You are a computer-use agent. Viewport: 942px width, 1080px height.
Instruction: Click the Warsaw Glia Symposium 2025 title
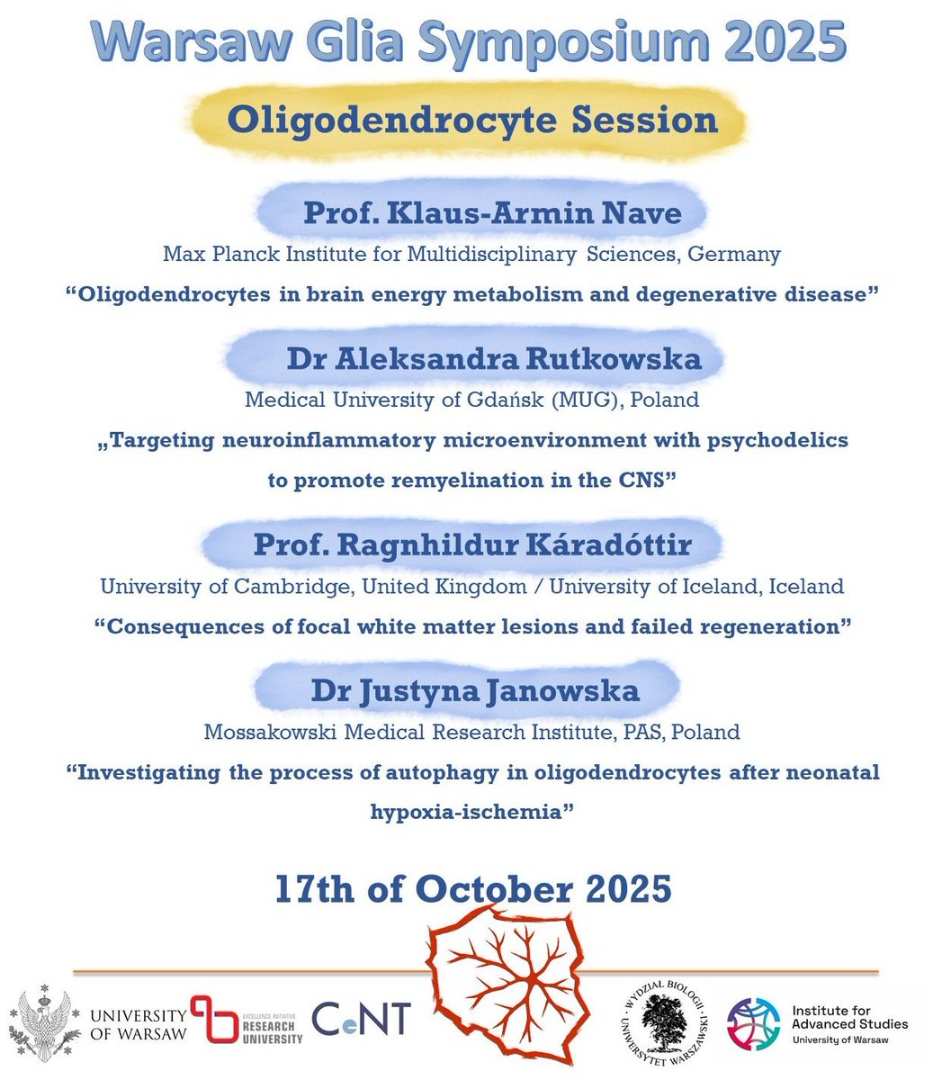tap(471, 40)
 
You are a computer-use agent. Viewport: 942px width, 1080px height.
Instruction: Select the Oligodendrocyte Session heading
tap(472, 121)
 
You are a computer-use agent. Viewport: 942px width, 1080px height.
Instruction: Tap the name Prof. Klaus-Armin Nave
tap(492, 213)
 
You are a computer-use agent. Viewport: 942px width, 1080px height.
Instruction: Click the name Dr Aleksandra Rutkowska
tap(493, 359)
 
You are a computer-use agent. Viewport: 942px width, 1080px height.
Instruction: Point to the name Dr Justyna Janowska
tap(475, 690)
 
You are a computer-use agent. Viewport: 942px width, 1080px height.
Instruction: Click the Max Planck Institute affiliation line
tap(471, 255)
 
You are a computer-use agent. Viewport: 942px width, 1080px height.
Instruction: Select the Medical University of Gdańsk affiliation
tap(471, 400)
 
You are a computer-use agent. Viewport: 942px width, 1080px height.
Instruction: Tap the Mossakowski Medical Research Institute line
tap(471, 732)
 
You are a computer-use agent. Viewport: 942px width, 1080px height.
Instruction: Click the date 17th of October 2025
tap(472, 888)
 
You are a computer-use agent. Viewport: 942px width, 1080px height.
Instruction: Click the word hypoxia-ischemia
tap(471, 812)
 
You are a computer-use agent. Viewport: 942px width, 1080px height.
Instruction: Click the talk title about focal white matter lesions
tap(471, 627)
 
